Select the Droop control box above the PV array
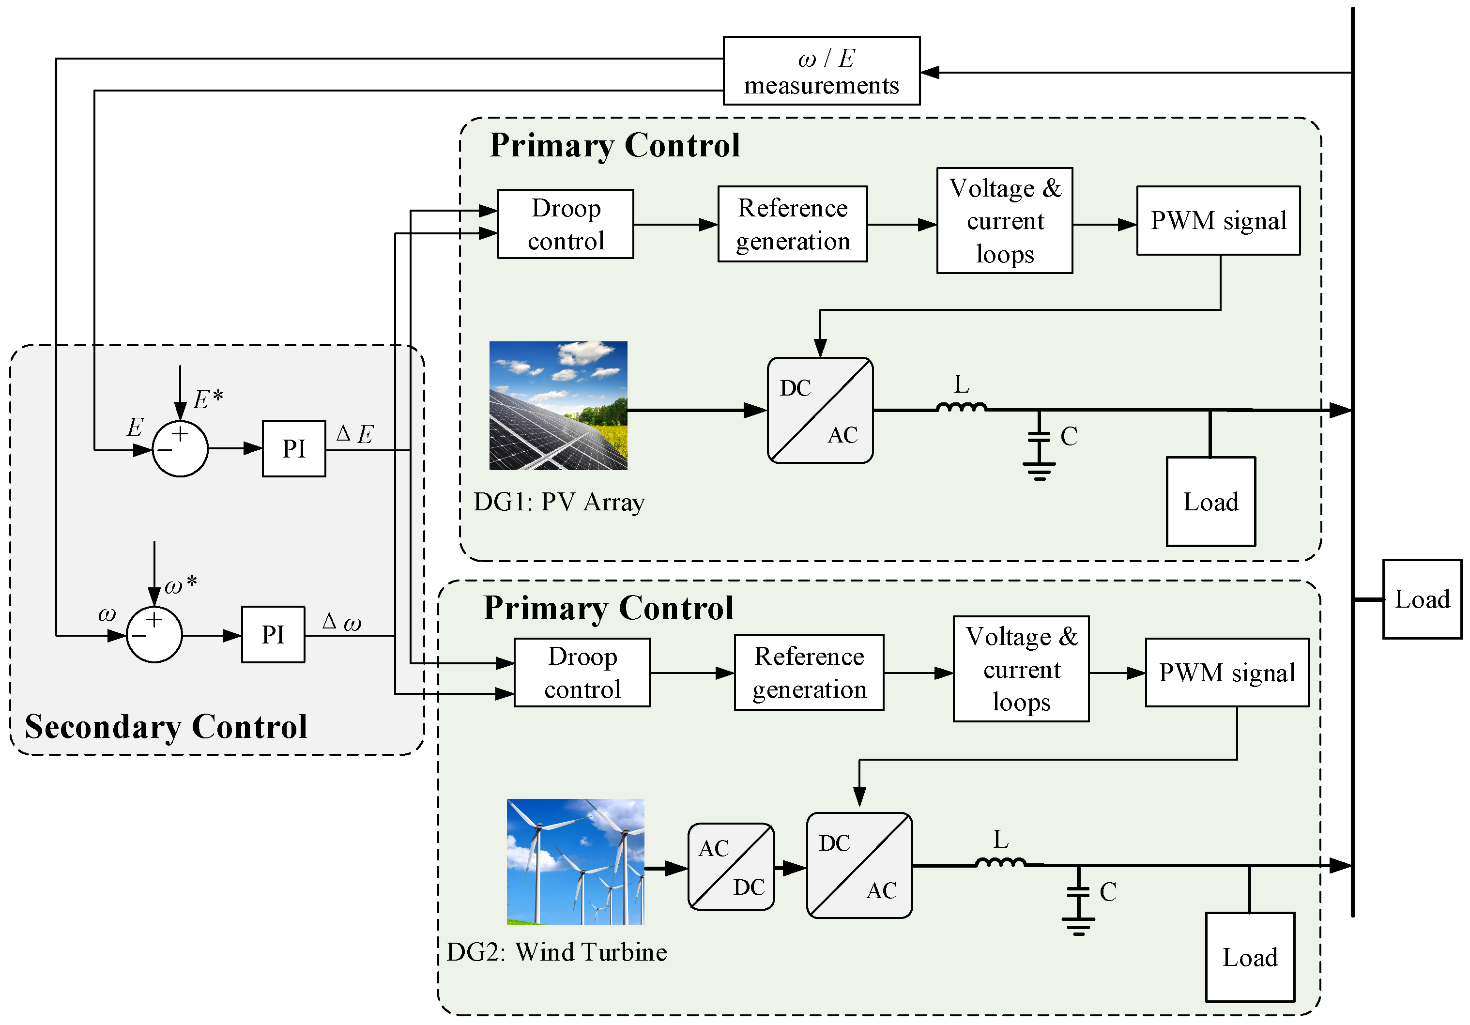[x=566, y=224]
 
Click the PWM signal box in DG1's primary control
[x=1218, y=220]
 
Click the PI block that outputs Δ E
[x=294, y=449]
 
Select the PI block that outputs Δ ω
[x=273, y=634]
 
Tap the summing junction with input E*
[x=180, y=449]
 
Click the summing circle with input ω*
[x=154, y=634]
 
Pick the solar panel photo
[x=558, y=405]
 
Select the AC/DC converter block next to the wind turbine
[x=731, y=866]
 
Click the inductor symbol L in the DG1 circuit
[x=961, y=406]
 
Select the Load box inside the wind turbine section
[x=1249, y=957]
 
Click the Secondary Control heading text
[x=166, y=727]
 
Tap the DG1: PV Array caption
[x=558, y=502]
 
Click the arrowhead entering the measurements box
[x=930, y=72]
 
